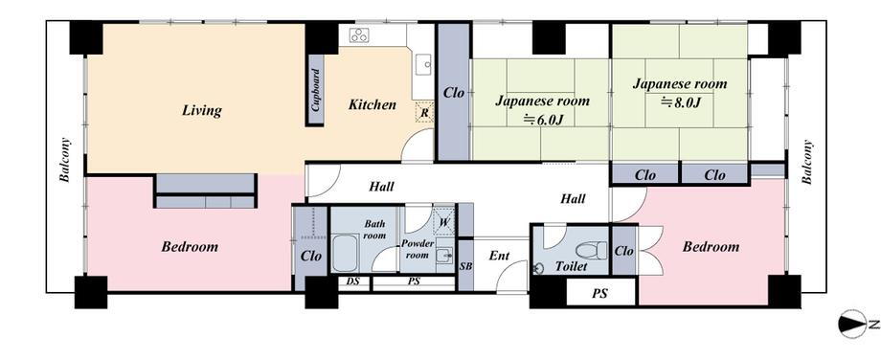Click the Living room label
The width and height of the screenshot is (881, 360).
[202, 110]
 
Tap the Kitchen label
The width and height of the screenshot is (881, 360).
[372, 104]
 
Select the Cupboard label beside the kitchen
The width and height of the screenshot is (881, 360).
[316, 90]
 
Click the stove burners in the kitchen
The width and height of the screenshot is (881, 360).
[359, 35]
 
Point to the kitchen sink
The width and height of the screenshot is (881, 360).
[423, 64]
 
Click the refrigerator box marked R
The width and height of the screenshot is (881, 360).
[425, 112]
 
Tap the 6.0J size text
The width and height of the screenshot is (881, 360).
[542, 119]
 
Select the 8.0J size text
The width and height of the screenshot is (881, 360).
[681, 102]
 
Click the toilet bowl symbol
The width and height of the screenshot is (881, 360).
[592, 250]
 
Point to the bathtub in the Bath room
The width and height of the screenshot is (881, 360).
[345, 253]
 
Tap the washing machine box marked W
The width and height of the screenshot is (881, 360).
[444, 221]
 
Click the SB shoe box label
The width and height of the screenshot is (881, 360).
[465, 266]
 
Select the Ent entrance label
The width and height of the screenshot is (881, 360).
[499, 256]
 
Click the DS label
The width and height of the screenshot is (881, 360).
[352, 281]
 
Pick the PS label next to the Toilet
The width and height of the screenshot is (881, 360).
[599, 293]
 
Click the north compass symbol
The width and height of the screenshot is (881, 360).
[852, 324]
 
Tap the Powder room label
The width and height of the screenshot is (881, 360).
[417, 249]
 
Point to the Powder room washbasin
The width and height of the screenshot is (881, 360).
[445, 256]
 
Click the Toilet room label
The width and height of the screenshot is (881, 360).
[572, 266]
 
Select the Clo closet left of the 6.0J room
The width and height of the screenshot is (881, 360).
[453, 93]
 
